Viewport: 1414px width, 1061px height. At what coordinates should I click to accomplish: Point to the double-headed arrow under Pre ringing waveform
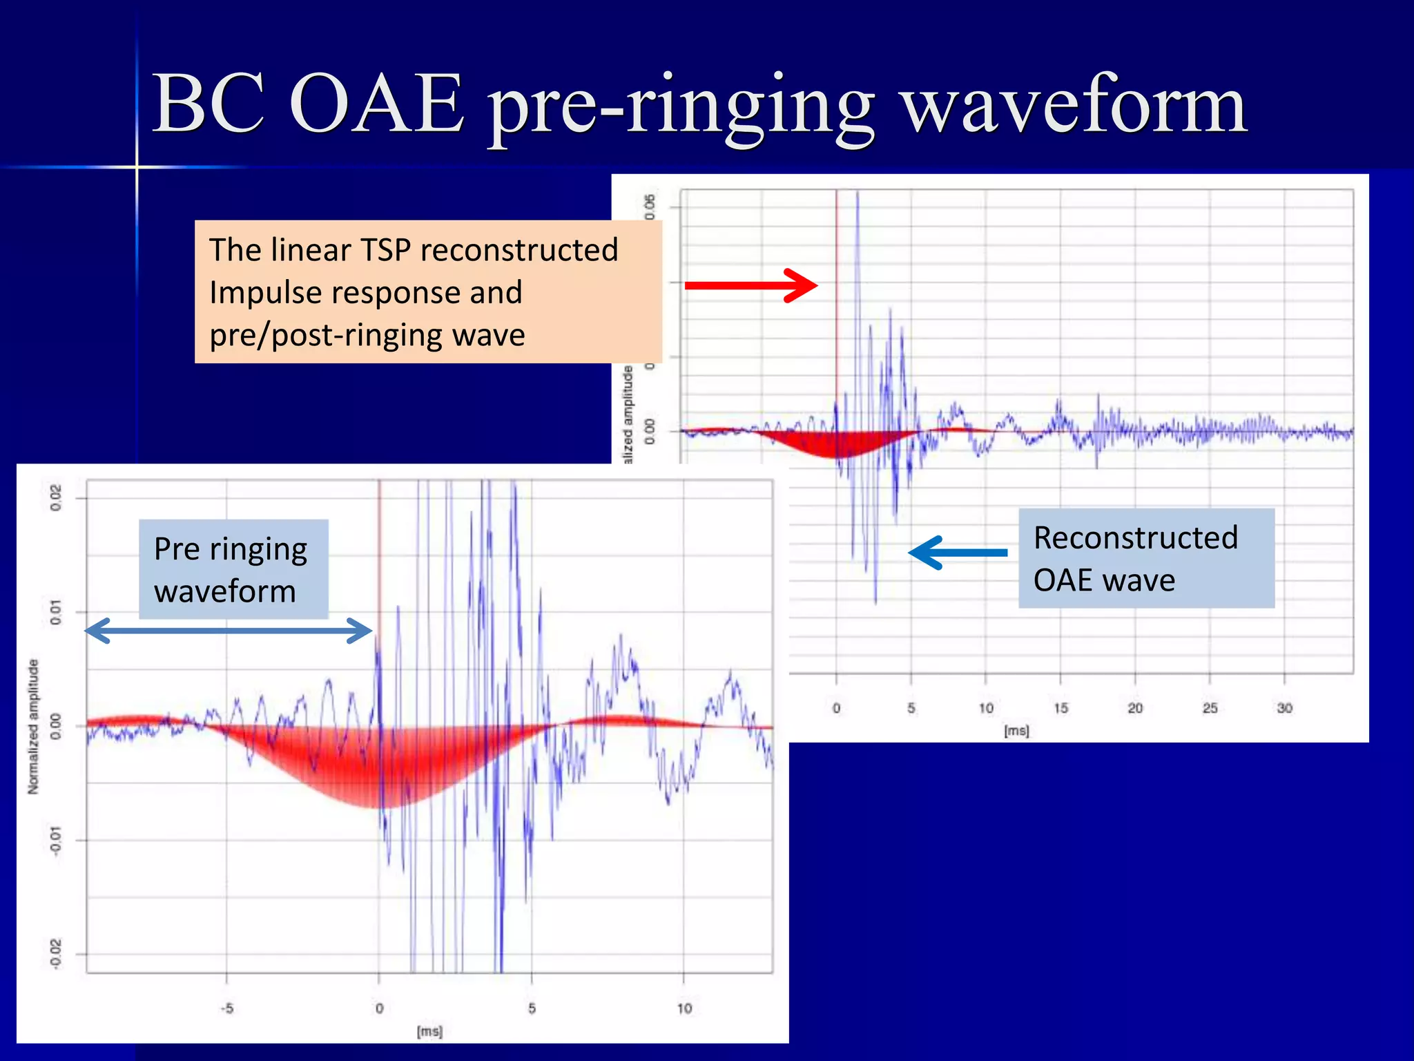pos(229,631)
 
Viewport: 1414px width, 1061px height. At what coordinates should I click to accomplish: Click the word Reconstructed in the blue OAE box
pos(1135,537)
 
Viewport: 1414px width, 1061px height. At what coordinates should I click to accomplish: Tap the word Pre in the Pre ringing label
pos(177,549)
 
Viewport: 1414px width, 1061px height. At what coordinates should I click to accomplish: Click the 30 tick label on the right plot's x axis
pos(1284,708)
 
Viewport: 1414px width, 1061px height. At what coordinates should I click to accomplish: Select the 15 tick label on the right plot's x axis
pos(1060,708)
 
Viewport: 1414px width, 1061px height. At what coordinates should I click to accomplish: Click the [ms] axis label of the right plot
pos(1016,731)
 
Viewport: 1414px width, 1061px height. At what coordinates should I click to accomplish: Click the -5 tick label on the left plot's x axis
pos(226,1009)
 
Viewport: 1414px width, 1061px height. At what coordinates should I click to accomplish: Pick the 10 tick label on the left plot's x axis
pos(684,1009)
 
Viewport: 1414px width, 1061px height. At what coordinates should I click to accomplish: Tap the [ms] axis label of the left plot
pos(429,1031)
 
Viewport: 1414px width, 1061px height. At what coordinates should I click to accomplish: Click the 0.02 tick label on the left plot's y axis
pos(56,497)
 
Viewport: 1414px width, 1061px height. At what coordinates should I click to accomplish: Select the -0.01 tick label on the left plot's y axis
pos(56,841)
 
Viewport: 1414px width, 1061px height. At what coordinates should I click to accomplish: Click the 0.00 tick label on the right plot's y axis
pos(650,431)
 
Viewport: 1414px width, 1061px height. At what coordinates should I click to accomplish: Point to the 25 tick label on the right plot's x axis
pos(1210,708)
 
